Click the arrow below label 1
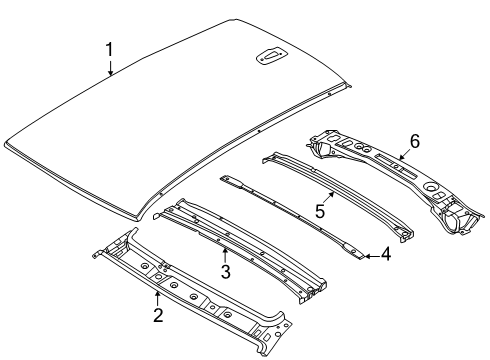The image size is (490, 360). tap(111, 68)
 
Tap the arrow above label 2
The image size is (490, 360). tap(158, 297)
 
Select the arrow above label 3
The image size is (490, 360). tap(226, 251)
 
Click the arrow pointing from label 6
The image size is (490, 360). tap(402, 155)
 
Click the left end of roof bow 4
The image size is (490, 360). tap(229, 179)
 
